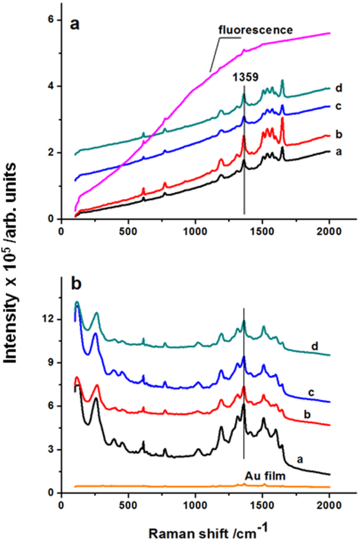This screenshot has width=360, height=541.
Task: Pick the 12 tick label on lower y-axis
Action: pos(48,319)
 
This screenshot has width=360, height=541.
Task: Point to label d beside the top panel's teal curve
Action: pos(338,89)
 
